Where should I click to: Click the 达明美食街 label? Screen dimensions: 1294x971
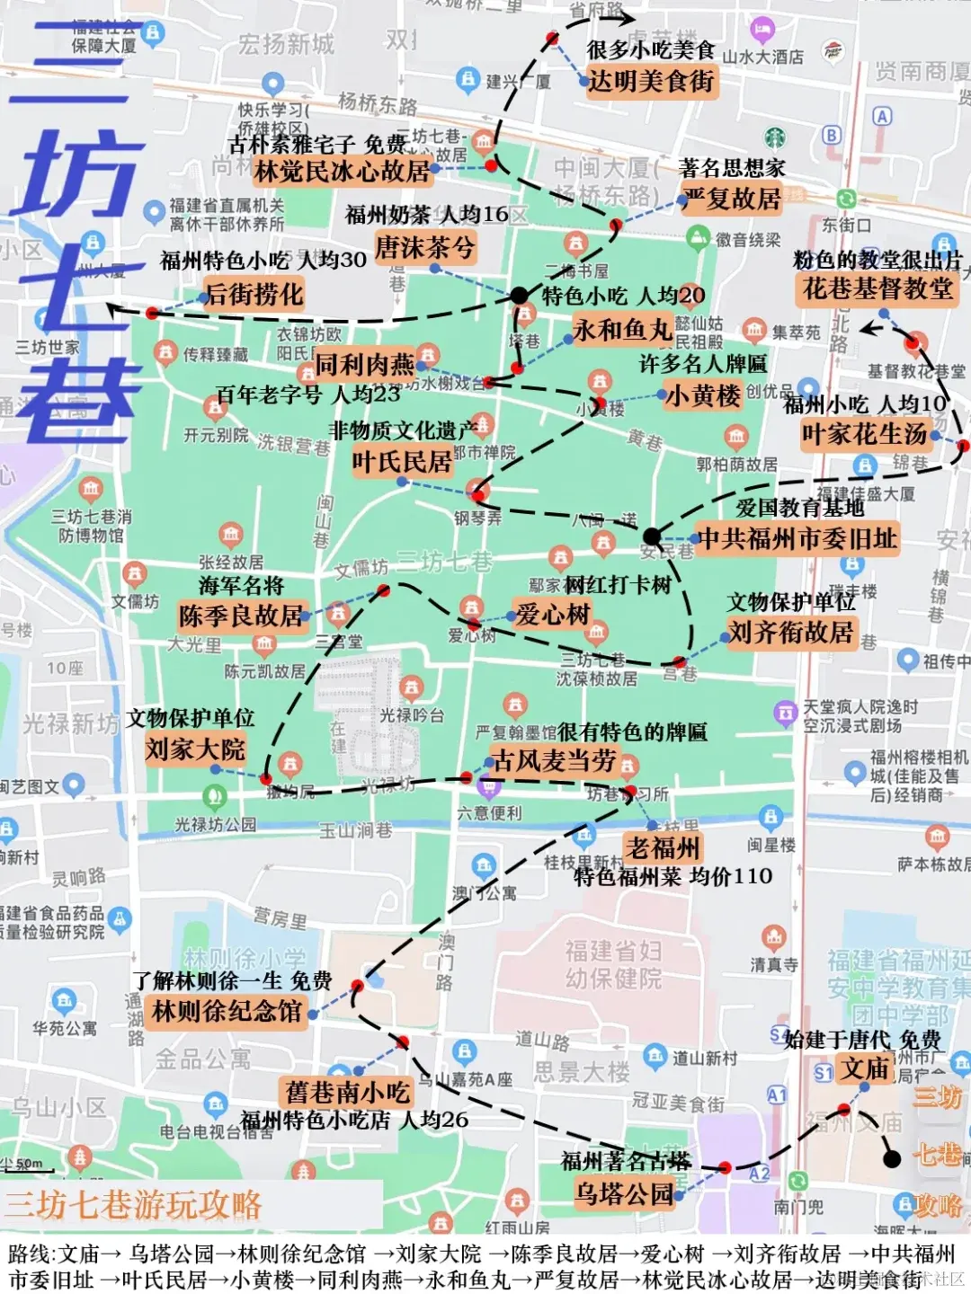(651, 82)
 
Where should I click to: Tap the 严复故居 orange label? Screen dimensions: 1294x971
(732, 199)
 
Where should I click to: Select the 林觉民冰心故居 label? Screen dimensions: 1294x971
(342, 171)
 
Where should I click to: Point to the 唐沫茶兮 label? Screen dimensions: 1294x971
(424, 247)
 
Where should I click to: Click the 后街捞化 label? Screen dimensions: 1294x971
(254, 294)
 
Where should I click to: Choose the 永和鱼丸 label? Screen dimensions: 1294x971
(623, 330)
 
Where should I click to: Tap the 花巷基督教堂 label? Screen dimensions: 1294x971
(877, 288)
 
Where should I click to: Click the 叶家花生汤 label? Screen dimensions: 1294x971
(864, 434)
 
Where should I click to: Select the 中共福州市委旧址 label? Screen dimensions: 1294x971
(797, 538)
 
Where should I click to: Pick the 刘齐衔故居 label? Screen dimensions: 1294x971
(790, 632)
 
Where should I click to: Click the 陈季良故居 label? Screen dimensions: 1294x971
(240, 616)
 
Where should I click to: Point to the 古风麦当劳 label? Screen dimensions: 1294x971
(555, 761)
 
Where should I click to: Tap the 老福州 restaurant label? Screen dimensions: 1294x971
(664, 847)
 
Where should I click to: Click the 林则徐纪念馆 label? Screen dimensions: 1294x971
(227, 1011)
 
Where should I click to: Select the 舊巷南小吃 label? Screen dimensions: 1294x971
(347, 1092)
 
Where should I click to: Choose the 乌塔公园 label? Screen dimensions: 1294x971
(624, 1194)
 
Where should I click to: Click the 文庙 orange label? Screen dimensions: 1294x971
(865, 1068)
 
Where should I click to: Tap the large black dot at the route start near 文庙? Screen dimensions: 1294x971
(892, 1159)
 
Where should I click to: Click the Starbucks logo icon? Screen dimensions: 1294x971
(775, 137)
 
